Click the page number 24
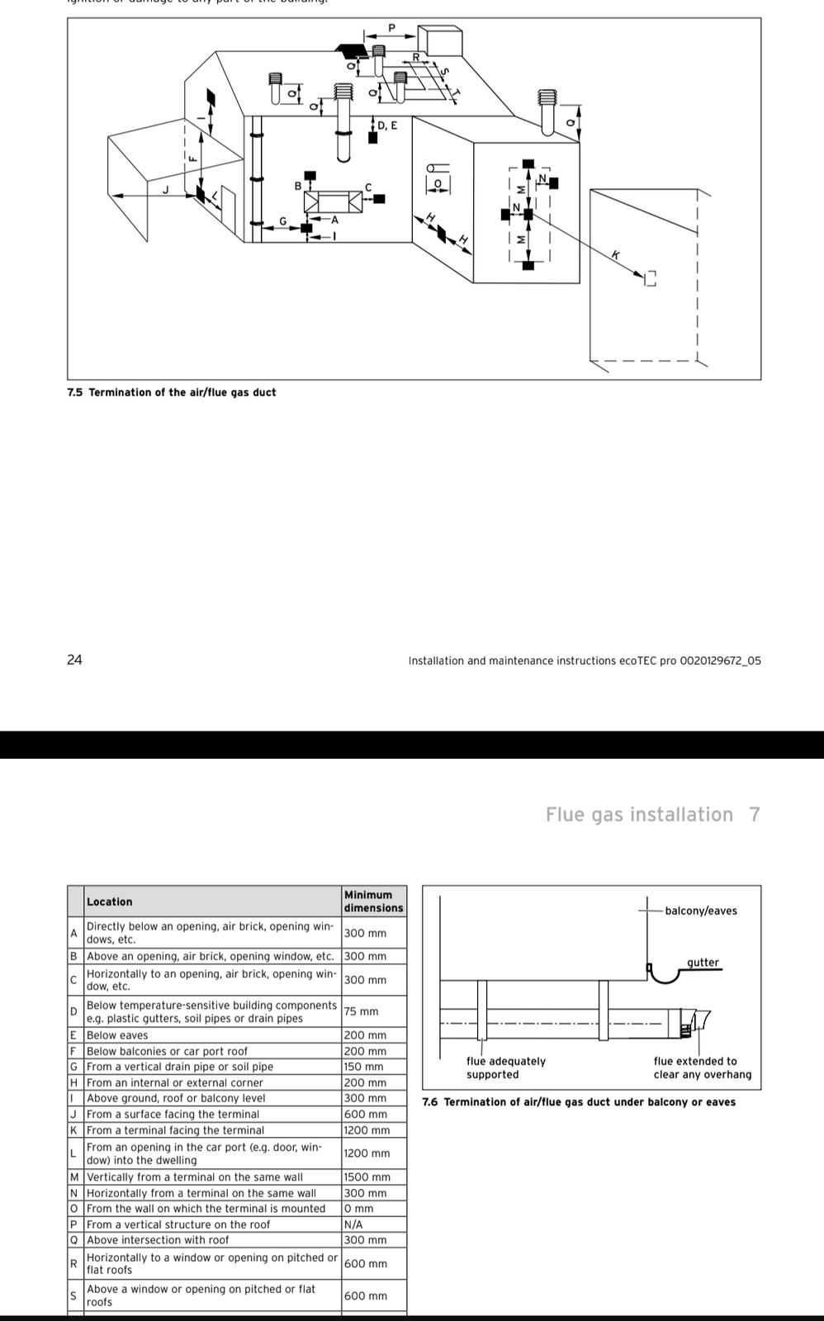click(x=74, y=660)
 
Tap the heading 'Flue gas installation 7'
click(x=652, y=815)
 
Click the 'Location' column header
click(x=109, y=902)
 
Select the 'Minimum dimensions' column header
click(x=373, y=901)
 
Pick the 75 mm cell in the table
click(x=362, y=1011)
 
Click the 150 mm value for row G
click(x=365, y=1067)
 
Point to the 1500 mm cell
click(x=367, y=1177)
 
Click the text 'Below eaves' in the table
click(x=117, y=1035)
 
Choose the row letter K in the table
click(x=73, y=1130)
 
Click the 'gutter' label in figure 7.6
click(x=703, y=963)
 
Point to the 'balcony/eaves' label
click(x=701, y=911)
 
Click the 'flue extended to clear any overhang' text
click(x=702, y=1068)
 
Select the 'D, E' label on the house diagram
click(x=387, y=125)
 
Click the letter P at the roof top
click(x=391, y=28)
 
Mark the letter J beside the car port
click(x=164, y=189)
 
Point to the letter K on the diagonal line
click(x=615, y=254)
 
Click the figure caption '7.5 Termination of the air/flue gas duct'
click(x=172, y=392)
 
